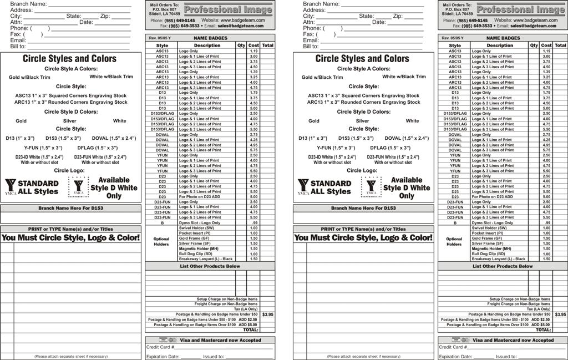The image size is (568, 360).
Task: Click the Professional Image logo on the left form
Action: click(x=228, y=9)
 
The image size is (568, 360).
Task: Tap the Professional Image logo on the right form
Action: click(x=521, y=9)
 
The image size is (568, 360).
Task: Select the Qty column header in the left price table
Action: click(x=241, y=45)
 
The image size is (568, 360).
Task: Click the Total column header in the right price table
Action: click(x=560, y=45)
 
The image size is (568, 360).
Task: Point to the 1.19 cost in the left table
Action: click(x=253, y=51)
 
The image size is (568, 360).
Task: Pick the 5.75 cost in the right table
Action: click(x=546, y=150)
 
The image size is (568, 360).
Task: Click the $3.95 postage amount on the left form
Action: click(x=267, y=315)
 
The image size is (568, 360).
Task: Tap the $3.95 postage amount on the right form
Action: click(x=560, y=315)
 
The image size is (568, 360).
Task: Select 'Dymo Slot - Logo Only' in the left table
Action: click(x=199, y=223)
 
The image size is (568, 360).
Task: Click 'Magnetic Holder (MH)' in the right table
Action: click(x=492, y=249)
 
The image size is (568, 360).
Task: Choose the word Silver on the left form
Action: click(x=70, y=121)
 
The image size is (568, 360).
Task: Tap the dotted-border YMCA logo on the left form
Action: click(x=78, y=187)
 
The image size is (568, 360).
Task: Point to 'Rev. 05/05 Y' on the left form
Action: click(x=160, y=38)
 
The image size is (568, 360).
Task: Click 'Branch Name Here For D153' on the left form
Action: click(x=70, y=208)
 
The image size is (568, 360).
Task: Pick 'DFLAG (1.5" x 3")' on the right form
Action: click(x=390, y=148)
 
